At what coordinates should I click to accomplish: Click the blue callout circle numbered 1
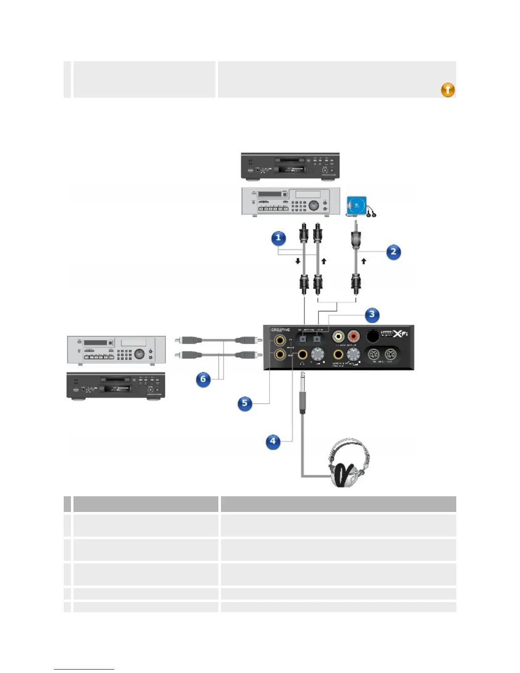click(x=278, y=238)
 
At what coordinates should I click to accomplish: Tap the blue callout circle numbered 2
click(x=393, y=252)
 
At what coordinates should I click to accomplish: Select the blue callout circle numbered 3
click(x=372, y=314)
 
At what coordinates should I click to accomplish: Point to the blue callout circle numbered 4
click(x=273, y=441)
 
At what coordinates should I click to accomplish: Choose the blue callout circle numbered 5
click(x=244, y=403)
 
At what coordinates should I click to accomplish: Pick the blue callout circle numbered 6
click(x=203, y=379)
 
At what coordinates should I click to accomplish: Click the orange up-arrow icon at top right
click(x=448, y=90)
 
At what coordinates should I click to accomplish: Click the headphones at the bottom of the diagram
click(x=349, y=463)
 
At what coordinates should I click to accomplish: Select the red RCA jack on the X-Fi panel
click(x=353, y=337)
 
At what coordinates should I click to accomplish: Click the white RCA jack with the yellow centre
click(x=339, y=337)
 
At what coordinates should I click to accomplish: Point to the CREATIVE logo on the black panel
click(x=280, y=330)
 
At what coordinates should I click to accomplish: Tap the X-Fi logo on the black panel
click(x=400, y=334)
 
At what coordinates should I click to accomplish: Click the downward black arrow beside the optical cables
click(x=298, y=261)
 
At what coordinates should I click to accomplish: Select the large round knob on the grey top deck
click(x=314, y=205)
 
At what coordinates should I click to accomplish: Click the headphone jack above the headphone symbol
click(x=302, y=354)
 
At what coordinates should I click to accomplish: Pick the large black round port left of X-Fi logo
click(x=373, y=336)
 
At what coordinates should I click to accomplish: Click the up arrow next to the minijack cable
click(x=364, y=261)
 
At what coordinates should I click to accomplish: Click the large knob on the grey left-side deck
click(x=139, y=353)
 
